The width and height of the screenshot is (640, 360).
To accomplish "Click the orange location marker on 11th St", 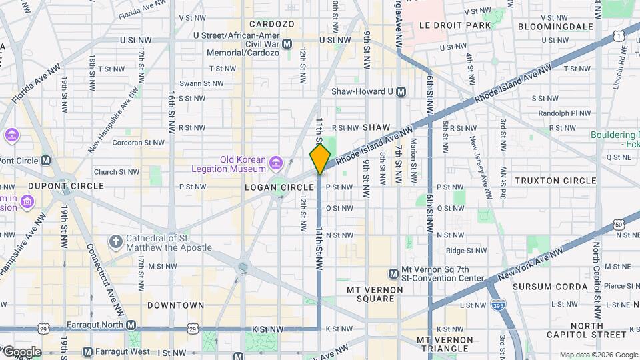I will pos(320,159).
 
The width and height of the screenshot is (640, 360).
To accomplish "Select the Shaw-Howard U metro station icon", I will pos(401,92).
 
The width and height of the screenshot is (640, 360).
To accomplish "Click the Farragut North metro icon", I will pos(131,325).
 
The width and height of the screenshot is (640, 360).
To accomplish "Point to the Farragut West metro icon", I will pos(87,351).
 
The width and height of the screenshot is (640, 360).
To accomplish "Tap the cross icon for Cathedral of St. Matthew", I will pos(115,241).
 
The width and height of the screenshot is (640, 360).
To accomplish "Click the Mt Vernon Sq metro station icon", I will pos(394,273).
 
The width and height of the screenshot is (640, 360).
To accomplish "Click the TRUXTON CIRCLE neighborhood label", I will pos(555,181).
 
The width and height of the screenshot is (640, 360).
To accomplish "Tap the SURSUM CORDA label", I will pos(551,287).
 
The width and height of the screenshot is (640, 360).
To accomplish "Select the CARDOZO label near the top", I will pos(272,23).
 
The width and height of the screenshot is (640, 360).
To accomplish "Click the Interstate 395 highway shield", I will pos(497,305).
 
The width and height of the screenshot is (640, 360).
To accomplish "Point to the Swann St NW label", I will pos(200,83).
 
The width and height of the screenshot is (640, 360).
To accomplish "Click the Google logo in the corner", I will pos(21,351).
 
